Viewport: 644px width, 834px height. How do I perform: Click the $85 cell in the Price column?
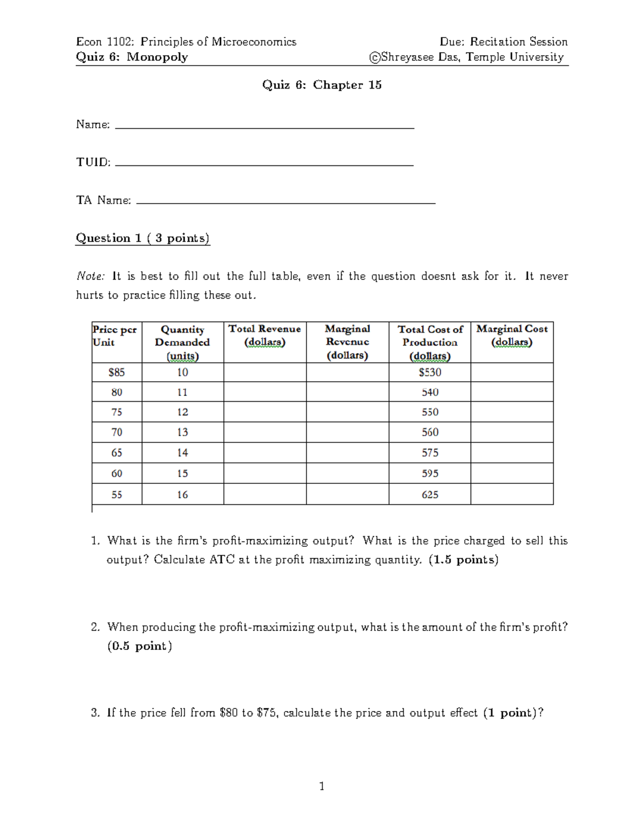click(x=116, y=372)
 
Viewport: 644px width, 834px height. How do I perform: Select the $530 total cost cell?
click(x=430, y=372)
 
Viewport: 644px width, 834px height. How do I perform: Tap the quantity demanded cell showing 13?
click(x=182, y=432)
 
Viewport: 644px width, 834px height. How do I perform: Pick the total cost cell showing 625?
click(x=430, y=495)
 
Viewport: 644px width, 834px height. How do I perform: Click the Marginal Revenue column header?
click(x=347, y=342)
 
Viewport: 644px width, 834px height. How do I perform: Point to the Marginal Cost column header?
click(x=512, y=336)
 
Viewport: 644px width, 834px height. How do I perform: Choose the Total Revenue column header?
click(x=265, y=336)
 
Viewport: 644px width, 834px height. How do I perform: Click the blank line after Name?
click(x=265, y=127)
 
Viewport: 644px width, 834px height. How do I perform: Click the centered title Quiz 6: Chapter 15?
click(x=321, y=85)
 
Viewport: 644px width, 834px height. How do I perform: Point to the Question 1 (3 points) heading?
click(x=143, y=238)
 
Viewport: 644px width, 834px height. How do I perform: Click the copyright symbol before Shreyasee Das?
click(x=375, y=57)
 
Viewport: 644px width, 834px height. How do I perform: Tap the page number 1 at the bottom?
click(x=321, y=786)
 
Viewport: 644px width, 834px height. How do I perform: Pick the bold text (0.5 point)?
click(x=140, y=646)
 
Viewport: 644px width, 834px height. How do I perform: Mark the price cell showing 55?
click(x=116, y=495)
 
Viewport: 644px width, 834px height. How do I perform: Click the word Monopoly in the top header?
click(x=157, y=57)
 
